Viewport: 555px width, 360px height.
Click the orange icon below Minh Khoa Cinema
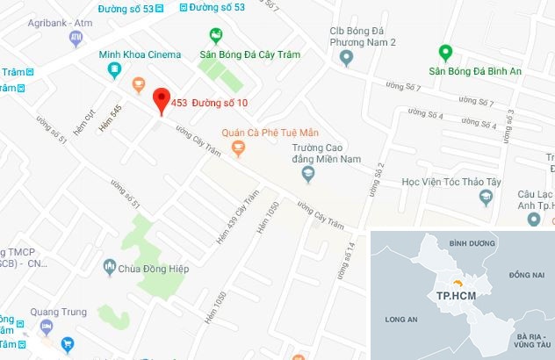138,84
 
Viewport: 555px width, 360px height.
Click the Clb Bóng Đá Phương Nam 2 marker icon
345,59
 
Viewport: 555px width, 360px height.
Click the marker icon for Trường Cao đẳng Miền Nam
307,174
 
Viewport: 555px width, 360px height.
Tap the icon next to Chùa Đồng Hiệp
109,265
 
